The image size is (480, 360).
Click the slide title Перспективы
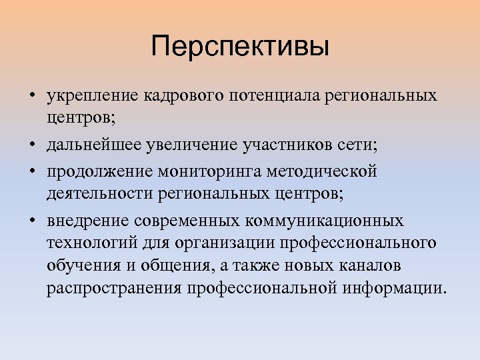(240, 47)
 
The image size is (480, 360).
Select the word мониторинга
(209, 170)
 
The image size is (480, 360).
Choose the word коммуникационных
(326, 219)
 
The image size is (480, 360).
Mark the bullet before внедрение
(32, 220)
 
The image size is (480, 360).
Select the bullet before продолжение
(32, 171)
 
